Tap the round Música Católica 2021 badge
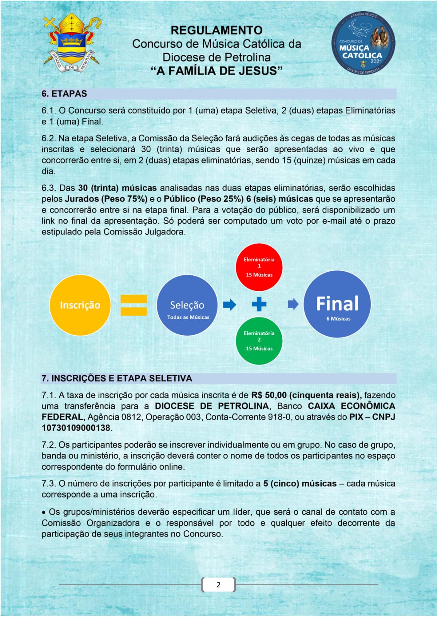tap(363, 43)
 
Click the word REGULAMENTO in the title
tap(216, 30)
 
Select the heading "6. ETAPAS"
tap(64, 94)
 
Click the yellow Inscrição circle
tap(80, 305)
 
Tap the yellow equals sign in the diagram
tap(133, 305)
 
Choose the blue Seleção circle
tap(187, 305)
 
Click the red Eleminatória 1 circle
tap(259, 267)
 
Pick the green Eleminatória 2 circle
tap(259, 341)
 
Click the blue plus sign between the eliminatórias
tap(259, 304)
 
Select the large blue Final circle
tap(337, 304)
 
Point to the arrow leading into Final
tap(293, 304)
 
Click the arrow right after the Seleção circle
tap(230, 305)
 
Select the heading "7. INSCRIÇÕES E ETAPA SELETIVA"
tap(117, 379)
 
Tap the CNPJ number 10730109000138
tap(76, 428)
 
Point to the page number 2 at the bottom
tap(218, 585)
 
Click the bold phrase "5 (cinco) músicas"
tap(300, 484)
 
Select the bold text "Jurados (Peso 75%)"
tap(106, 199)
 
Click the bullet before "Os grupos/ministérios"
tap(44, 513)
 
